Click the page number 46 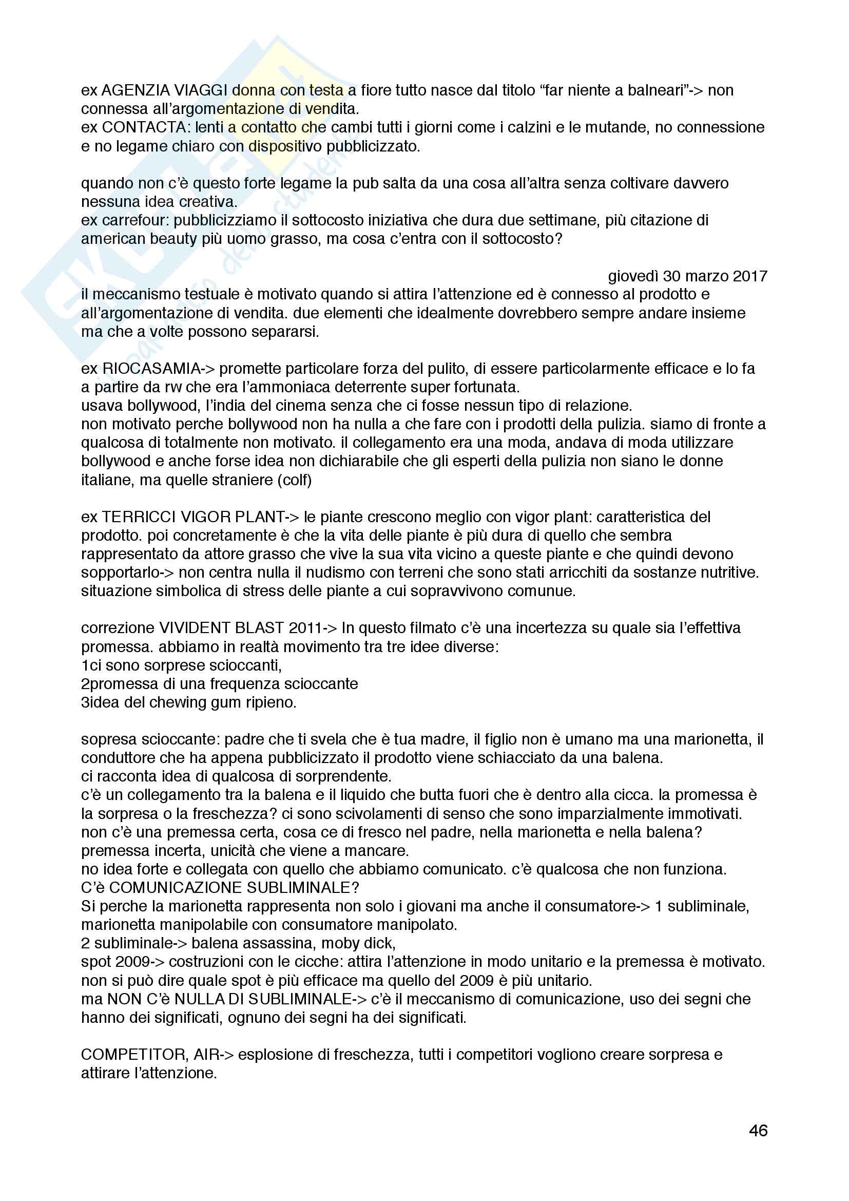pyautogui.click(x=758, y=1131)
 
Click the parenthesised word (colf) pyautogui.click(x=296, y=480)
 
